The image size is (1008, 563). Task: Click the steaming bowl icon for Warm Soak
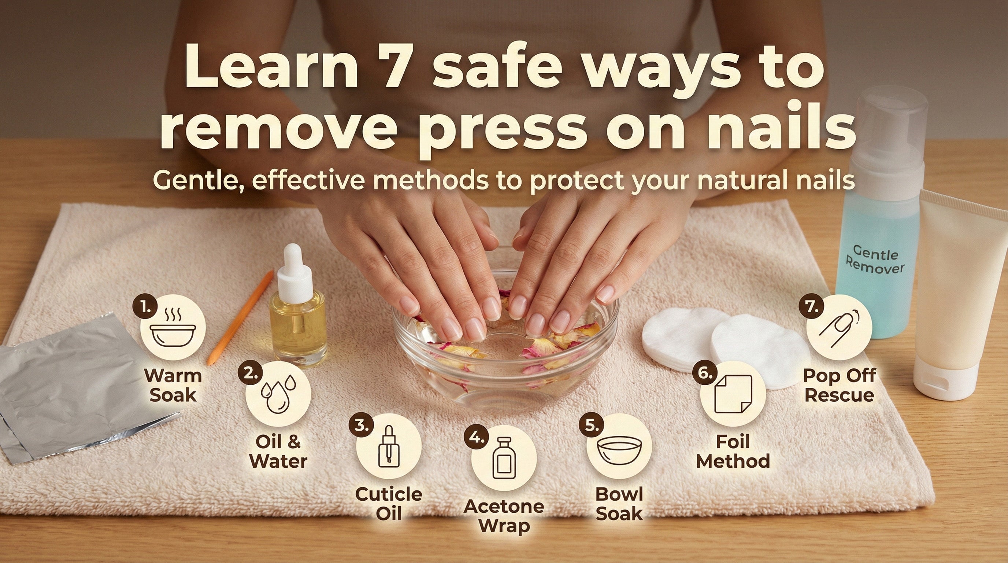click(173, 328)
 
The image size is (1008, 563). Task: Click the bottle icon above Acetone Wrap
click(504, 458)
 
